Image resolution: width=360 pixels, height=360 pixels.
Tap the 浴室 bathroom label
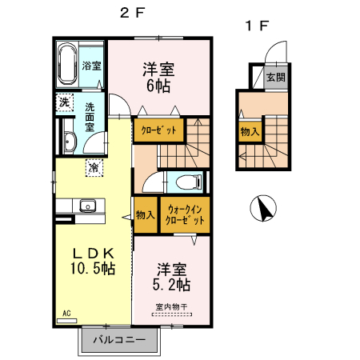(91, 66)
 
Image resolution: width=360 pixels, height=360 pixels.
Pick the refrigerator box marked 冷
(94, 167)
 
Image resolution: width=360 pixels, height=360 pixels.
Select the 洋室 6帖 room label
(159, 76)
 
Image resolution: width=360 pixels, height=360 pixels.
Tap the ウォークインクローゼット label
(185, 214)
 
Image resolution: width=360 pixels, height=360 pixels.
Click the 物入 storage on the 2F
(145, 214)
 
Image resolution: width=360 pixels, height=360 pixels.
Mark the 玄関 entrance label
(276, 78)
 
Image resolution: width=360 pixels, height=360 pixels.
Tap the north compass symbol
(263, 210)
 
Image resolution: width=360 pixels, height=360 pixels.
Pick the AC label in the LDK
(65, 313)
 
